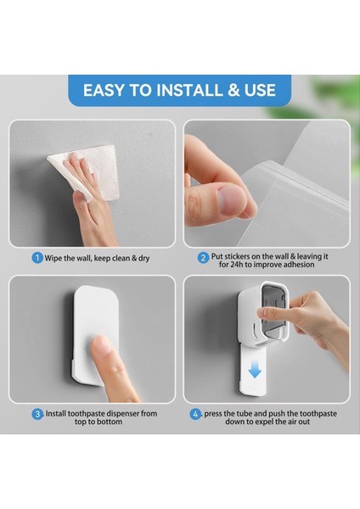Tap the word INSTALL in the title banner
tap(188, 90)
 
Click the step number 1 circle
tap(37, 257)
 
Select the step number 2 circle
tap(204, 257)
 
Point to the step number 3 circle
tap(37, 414)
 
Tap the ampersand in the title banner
tap(233, 90)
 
